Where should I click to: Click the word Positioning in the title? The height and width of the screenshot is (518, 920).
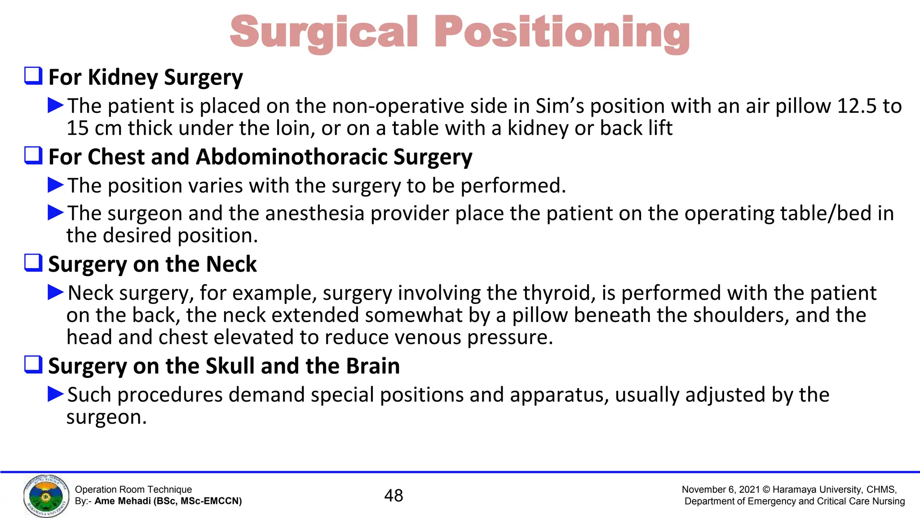point(562,32)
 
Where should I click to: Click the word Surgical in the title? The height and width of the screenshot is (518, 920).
point(324,32)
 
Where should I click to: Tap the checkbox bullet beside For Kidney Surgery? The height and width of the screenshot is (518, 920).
point(33,76)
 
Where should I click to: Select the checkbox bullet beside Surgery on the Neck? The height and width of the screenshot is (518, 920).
point(33,263)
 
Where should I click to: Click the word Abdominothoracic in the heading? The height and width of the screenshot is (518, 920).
point(292,157)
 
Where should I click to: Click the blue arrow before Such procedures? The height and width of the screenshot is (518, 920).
point(56,394)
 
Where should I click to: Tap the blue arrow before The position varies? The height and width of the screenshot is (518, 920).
point(56,185)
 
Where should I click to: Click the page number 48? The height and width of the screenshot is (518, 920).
point(394,496)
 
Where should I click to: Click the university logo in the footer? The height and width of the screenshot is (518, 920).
point(46,496)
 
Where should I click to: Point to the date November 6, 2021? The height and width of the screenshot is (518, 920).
point(720,490)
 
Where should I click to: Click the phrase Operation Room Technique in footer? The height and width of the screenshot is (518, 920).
point(133,490)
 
